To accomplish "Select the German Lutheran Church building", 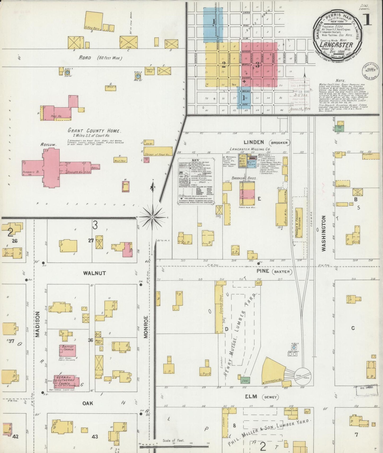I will point(66,381).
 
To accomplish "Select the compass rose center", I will point(152,217).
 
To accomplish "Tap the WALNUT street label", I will point(94,273).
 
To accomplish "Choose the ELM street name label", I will point(251,397).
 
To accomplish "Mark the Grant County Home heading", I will point(94,131).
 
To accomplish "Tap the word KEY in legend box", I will point(195,160).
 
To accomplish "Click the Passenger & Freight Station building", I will point(298,223).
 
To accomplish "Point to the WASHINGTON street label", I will point(324,233).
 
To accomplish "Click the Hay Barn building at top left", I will point(94,21).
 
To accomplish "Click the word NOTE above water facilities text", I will point(340,81).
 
